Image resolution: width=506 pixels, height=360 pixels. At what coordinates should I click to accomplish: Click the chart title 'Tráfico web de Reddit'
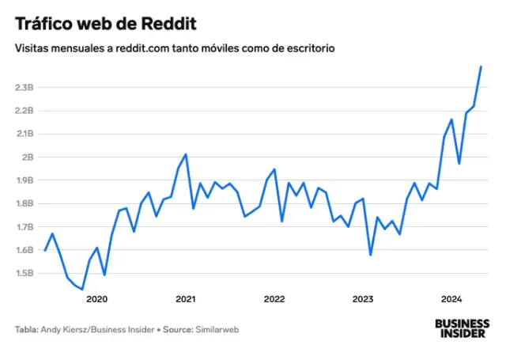click(105, 24)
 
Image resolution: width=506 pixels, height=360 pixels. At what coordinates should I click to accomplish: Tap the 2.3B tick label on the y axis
click(24, 88)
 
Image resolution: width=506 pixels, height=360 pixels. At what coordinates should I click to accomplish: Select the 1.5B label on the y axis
click(24, 274)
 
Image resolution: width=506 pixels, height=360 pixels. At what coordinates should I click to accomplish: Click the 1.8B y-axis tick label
click(24, 204)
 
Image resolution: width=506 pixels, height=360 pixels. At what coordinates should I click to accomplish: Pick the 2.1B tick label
click(24, 135)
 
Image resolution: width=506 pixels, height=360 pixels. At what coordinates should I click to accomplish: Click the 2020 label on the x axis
click(96, 299)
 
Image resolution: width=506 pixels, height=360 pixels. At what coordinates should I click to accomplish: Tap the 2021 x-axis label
click(185, 299)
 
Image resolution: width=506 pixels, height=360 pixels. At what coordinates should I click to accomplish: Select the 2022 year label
click(274, 299)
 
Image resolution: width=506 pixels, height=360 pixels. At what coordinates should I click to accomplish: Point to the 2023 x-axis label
click(363, 299)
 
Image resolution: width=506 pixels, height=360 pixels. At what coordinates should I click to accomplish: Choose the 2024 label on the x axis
click(451, 299)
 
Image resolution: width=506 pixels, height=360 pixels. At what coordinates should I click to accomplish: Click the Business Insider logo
click(463, 328)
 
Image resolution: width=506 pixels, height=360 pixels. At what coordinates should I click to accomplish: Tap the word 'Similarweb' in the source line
click(217, 329)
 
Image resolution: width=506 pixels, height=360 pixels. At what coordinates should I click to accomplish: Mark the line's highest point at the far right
click(481, 66)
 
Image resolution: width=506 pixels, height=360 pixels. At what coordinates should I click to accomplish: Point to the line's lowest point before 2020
click(81, 290)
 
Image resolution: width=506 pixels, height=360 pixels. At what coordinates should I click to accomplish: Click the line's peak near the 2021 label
click(186, 154)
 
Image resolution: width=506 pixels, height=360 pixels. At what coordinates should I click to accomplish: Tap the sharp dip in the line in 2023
click(370, 255)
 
